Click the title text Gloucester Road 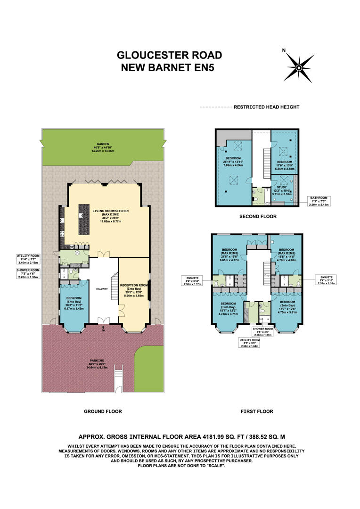(169, 56)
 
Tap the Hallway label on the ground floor (102, 289)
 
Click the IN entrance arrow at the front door (103, 330)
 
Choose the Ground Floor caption (103, 411)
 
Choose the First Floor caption (257, 411)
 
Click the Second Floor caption (257, 216)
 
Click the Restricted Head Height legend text (266, 107)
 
